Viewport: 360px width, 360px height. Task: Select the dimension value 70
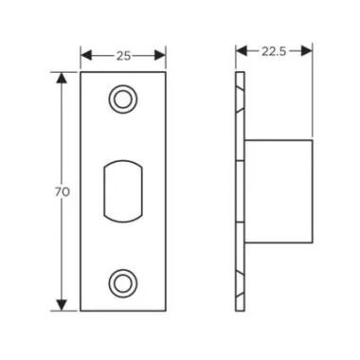click(61, 191)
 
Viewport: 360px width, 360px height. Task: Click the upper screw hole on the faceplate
click(122, 99)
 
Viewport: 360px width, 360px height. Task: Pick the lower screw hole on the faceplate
click(122, 282)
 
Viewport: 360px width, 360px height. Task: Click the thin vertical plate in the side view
click(238, 189)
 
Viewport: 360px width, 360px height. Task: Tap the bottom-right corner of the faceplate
click(165, 309)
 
